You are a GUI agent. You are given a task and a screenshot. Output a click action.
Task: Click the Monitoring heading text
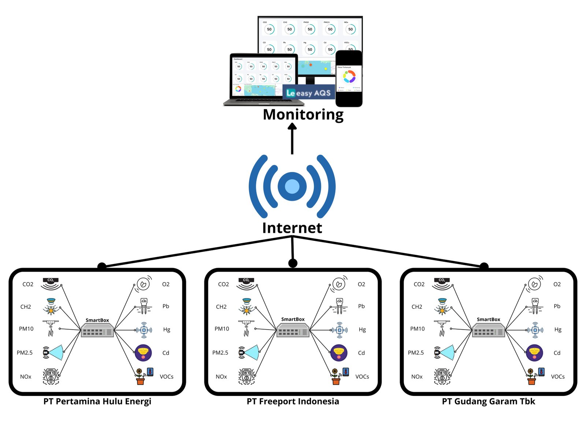click(303, 114)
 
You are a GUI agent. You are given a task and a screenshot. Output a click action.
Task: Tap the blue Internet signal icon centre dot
click(292, 186)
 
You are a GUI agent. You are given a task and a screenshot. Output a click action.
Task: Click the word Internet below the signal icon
click(292, 228)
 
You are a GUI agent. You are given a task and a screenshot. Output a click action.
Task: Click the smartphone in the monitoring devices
click(349, 78)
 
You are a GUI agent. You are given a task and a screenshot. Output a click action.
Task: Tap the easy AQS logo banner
click(309, 93)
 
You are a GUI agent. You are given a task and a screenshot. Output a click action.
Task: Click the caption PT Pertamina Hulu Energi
click(97, 401)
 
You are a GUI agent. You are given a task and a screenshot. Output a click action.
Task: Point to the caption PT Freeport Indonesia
click(293, 401)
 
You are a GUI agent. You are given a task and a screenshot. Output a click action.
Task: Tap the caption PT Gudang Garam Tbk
click(488, 401)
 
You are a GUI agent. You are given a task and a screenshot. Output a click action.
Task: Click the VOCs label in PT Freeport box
click(362, 377)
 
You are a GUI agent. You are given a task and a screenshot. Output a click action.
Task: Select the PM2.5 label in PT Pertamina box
click(25, 353)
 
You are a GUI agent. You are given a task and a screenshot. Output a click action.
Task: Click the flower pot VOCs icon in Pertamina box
click(140, 377)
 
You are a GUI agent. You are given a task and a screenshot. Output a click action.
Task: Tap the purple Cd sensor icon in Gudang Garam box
click(534, 353)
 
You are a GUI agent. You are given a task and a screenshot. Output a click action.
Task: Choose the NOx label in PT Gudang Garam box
click(417, 377)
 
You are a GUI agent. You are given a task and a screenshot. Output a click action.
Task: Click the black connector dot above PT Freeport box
click(293, 263)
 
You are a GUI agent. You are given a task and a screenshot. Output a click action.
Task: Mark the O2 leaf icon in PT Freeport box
click(339, 284)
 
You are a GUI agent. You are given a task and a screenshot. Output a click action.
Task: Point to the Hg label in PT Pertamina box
click(167, 329)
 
